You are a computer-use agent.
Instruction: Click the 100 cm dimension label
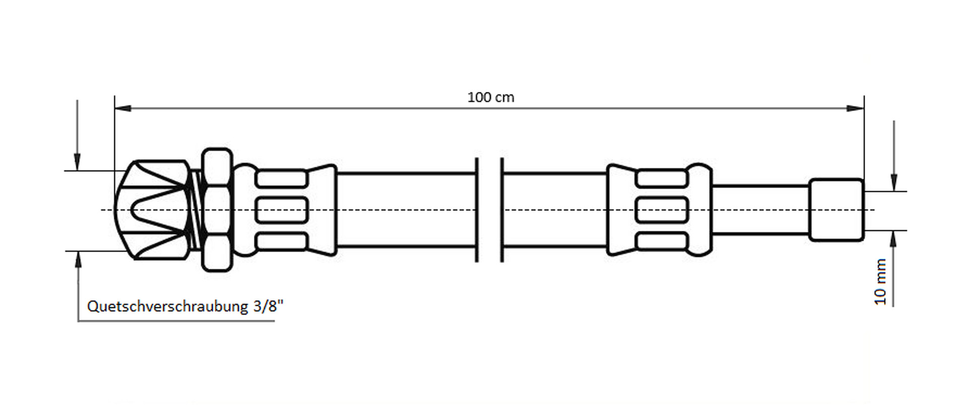pyautogui.click(x=491, y=97)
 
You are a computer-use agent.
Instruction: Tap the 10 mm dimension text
pyautogui.click(x=880, y=282)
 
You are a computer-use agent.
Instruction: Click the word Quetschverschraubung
pyautogui.click(x=168, y=306)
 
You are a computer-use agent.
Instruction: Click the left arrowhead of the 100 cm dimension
pyautogui.click(x=123, y=108)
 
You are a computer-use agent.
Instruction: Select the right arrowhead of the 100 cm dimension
pyautogui.click(x=856, y=108)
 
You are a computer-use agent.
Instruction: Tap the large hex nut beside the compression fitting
pyautogui.click(x=217, y=210)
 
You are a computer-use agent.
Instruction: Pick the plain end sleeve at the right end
pyautogui.click(x=836, y=210)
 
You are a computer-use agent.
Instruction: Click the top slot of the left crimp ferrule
pyautogui.click(x=281, y=179)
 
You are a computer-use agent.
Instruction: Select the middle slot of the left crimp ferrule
pyautogui.click(x=281, y=210)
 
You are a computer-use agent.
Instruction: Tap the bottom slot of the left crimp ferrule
pyautogui.click(x=281, y=242)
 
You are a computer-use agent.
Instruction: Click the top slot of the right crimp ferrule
pyautogui.click(x=661, y=179)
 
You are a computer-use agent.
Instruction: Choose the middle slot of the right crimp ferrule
pyautogui.click(x=661, y=210)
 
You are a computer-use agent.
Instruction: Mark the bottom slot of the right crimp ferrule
pyautogui.click(x=661, y=242)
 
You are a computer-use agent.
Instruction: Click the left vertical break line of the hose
pyautogui.click(x=476, y=210)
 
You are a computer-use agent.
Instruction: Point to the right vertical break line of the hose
pyautogui.click(x=502, y=210)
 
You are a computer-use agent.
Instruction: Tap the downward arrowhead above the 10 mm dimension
pyautogui.click(x=894, y=182)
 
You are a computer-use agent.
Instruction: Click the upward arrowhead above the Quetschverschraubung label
pyautogui.click(x=78, y=259)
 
